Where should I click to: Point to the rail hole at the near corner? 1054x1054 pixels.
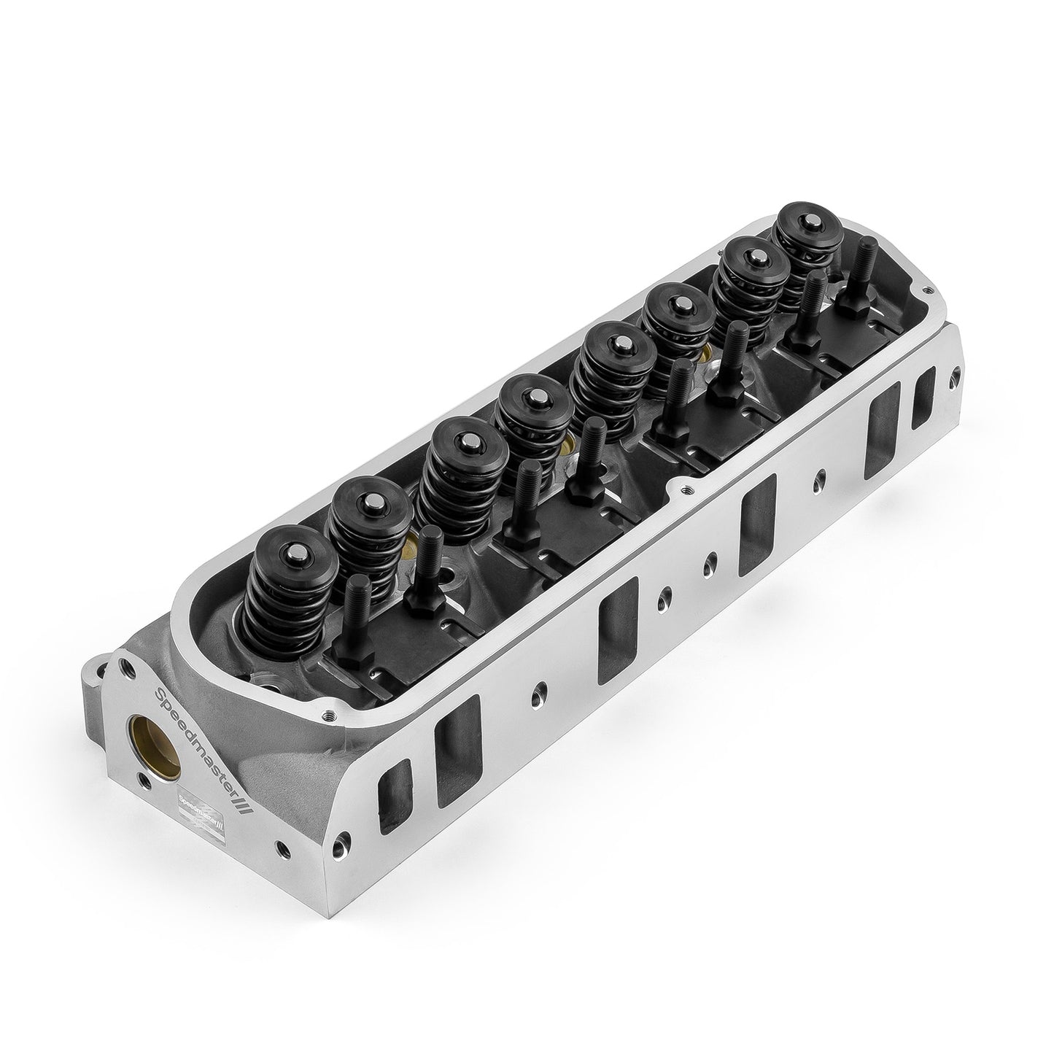329,716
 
